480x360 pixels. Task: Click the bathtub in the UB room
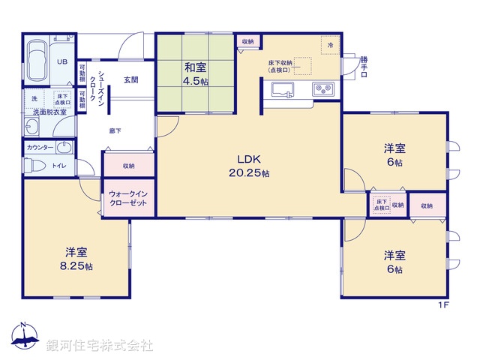37,61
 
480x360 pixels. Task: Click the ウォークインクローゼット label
128,199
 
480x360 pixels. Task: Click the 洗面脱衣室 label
49,112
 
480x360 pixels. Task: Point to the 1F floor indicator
444,304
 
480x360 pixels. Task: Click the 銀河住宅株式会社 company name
100,345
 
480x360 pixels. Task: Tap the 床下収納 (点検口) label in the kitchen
281,66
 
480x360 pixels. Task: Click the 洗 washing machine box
34,99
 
